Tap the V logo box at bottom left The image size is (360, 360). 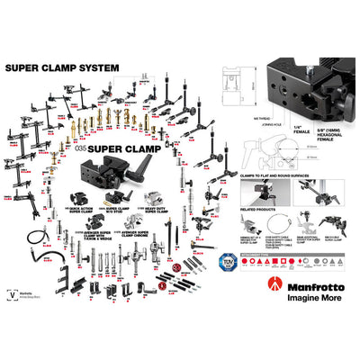pos(11,292)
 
